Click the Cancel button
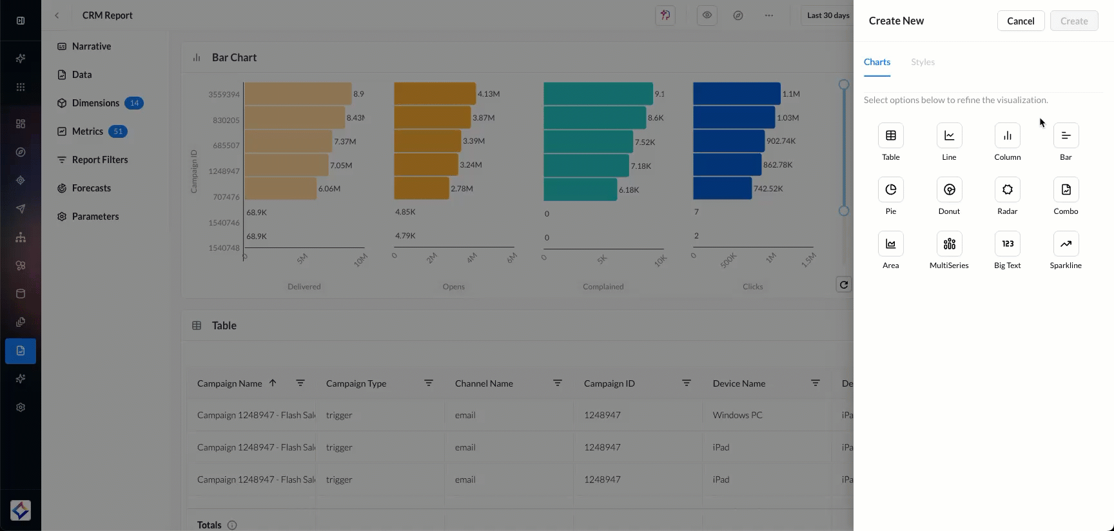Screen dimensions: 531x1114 1021,21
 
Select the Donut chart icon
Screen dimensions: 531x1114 949,189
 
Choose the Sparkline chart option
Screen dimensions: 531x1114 1066,244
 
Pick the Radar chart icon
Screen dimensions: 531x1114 1007,189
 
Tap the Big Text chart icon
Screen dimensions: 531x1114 1007,244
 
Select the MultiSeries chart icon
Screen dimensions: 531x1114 949,244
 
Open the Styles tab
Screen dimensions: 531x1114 923,62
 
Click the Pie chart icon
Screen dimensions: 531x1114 890,189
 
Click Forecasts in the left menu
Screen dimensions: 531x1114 91,188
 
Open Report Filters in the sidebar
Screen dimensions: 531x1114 99,160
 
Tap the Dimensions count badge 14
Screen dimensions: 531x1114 134,103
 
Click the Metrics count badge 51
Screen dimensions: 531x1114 118,131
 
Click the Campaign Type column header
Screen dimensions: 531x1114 356,383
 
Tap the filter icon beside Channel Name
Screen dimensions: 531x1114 558,383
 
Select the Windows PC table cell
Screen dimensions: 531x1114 738,415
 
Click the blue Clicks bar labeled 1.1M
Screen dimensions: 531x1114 736,93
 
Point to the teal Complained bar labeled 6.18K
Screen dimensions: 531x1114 580,189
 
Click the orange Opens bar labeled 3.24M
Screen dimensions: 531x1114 425,165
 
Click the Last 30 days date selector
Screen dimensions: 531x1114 828,15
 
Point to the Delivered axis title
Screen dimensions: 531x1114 304,287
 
